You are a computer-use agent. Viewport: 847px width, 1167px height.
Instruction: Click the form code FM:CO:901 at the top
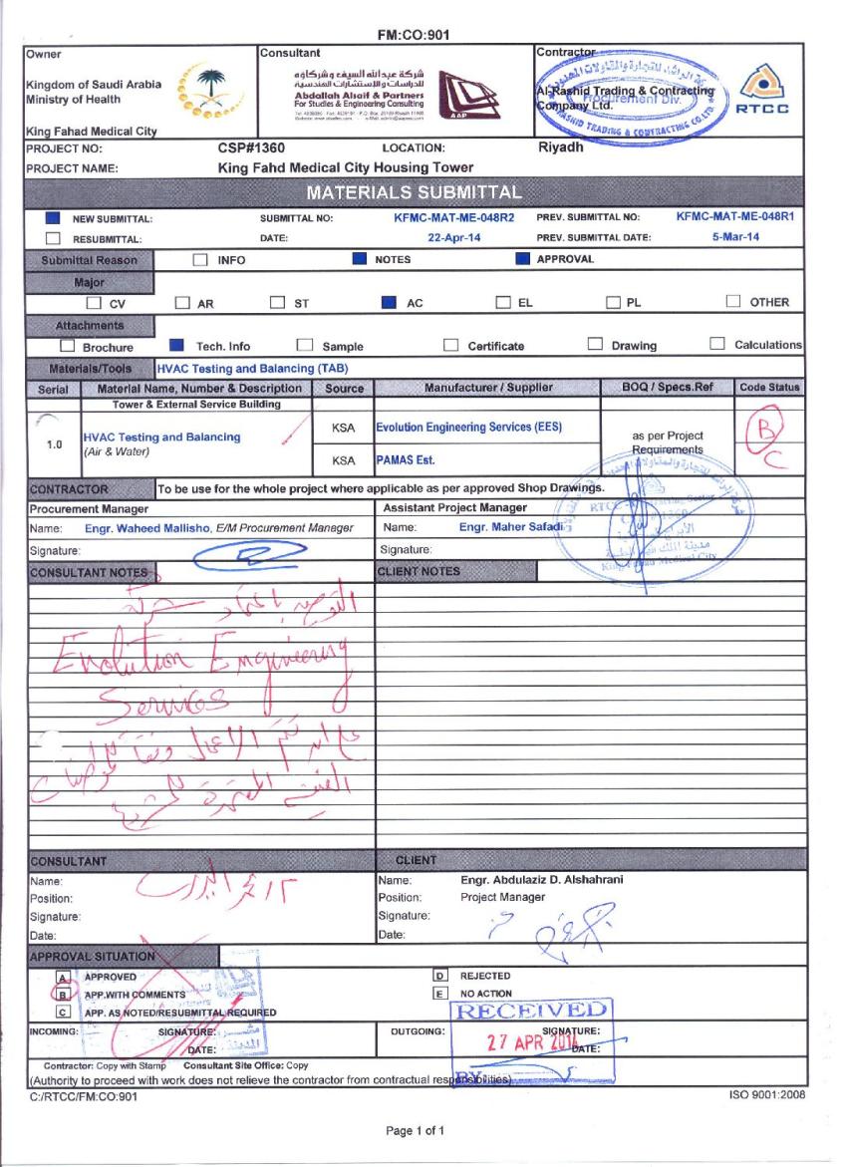414,35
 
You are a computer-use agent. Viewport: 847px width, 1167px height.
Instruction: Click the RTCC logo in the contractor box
768,92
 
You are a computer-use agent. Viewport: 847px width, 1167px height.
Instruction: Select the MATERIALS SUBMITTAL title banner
414,191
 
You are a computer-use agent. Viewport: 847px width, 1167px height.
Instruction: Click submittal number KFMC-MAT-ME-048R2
454,216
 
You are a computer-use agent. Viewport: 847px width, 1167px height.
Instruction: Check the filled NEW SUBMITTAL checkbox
54,217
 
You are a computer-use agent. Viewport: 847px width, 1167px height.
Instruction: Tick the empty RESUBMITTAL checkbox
54,238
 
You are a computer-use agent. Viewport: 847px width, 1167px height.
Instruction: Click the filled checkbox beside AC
388,302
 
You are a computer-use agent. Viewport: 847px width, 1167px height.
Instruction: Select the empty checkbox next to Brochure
69,346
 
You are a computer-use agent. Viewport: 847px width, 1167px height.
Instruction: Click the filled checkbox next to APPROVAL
522,259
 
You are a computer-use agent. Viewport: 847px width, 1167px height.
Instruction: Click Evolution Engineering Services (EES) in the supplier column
468,428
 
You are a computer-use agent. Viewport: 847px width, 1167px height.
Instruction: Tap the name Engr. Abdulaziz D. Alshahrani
543,880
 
